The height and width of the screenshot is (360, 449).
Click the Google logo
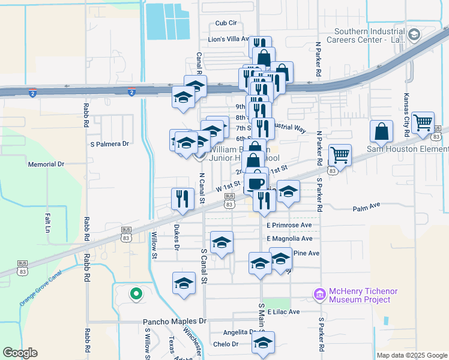(x=20, y=353)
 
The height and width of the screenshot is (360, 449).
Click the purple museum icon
(x=319, y=295)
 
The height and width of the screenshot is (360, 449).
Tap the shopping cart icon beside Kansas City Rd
(x=423, y=122)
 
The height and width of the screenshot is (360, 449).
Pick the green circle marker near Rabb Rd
(x=136, y=294)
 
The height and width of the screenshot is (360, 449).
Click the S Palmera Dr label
(x=109, y=144)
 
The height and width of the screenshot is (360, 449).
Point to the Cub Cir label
(x=226, y=23)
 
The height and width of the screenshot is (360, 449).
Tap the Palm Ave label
(x=367, y=206)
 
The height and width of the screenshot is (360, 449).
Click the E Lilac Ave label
(x=283, y=312)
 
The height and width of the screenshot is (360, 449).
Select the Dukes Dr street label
(x=176, y=238)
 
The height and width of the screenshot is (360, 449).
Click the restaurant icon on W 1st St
(x=181, y=198)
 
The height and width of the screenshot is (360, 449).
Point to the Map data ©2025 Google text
(x=412, y=355)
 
